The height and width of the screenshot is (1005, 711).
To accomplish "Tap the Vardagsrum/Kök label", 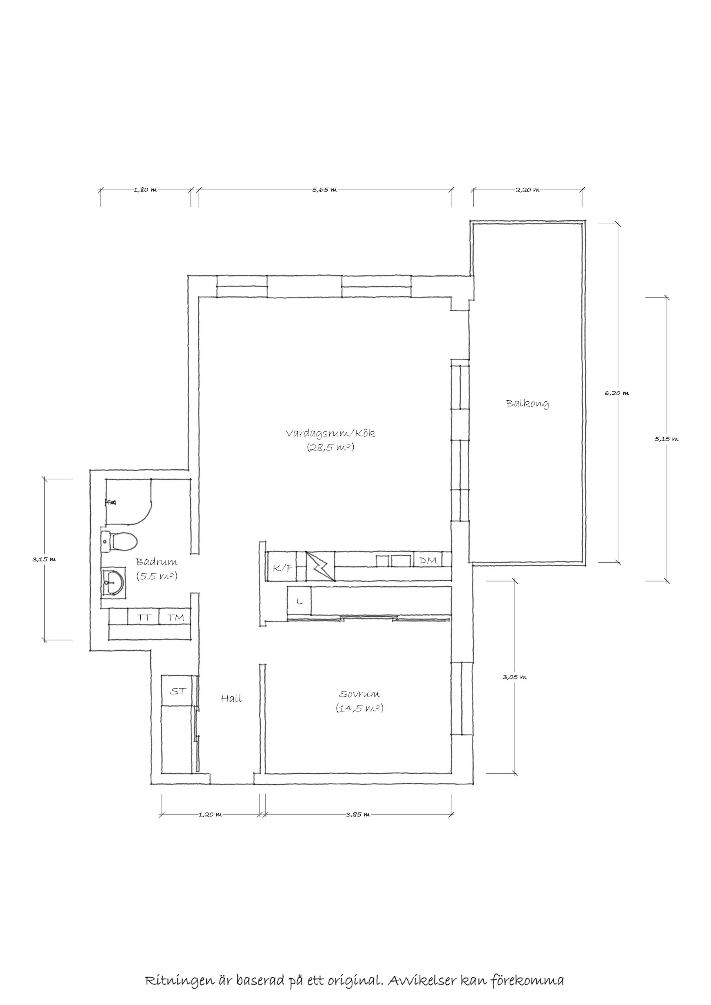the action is pyautogui.click(x=331, y=434).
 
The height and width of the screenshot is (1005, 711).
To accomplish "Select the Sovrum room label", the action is pyautogui.click(x=360, y=694).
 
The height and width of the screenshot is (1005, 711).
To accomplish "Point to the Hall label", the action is pyautogui.click(x=231, y=699).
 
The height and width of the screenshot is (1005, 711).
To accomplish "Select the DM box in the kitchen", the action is pyautogui.click(x=428, y=560).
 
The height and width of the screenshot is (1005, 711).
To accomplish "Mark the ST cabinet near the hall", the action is pyautogui.click(x=177, y=691).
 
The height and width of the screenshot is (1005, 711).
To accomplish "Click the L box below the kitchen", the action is pyautogui.click(x=300, y=601).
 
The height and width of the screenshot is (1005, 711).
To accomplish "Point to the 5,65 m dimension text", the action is pyautogui.click(x=325, y=190).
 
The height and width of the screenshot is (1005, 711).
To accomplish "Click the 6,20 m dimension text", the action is pyautogui.click(x=617, y=393).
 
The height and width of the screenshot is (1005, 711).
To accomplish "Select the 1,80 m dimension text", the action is pyautogui.click(x=145, y=190).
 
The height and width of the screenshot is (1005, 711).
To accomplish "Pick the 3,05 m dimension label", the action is pyautogui.click(x=514, y=677).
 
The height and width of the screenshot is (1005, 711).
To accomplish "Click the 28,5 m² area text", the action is pyautogui.click(x=331, y=448).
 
